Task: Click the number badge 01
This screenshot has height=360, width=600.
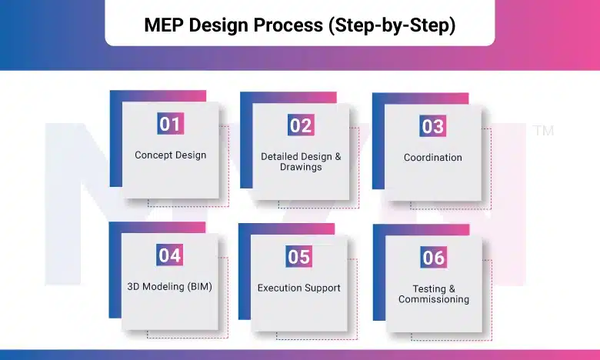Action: pos(170,123)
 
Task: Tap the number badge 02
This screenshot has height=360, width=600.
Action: pos(301,125)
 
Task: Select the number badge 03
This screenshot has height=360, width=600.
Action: pos(433,126)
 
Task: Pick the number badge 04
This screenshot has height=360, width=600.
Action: pos(170,255)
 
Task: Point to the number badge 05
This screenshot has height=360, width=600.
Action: pos(298,256)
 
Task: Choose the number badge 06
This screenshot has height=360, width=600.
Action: pos(434,257)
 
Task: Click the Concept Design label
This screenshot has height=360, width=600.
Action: pos(170,155)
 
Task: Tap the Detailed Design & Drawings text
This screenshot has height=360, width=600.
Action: pos(301,162)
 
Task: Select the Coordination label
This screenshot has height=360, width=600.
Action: pos(433,158)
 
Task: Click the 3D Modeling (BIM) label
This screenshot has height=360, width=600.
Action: pos(169,286)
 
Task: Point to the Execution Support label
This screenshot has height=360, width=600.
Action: pos(298,288)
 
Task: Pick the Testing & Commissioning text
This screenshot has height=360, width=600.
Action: pos(434,294)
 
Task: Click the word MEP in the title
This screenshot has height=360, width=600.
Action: pos(165,25)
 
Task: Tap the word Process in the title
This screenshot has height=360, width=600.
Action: pos(288,25)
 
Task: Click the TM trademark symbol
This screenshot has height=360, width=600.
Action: pos(542,132)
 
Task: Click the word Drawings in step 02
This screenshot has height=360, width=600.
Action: pos(301,167)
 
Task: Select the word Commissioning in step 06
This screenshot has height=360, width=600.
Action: pos(434,299)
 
